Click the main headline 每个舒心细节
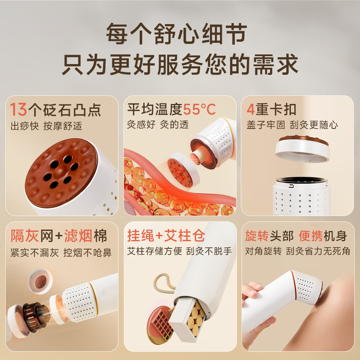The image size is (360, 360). [176, 34]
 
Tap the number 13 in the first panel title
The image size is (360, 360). [18, 109]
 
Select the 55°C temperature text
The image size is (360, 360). [199, 109]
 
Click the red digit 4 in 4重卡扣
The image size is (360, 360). [251, 109]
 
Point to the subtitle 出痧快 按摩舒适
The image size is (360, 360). [46, 126]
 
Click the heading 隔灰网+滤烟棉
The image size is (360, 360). [59, 236]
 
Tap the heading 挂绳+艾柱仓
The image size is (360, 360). [166, 235]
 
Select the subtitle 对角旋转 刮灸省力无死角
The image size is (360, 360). [297, 251]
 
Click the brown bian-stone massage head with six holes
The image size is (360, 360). [61, 172]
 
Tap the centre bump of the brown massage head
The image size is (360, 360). [60, 172]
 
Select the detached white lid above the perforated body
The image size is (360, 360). [303, 148]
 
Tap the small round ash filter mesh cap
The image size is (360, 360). [40, 281]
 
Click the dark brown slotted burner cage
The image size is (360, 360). [36, 317]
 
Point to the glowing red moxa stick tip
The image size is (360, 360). [195, 159]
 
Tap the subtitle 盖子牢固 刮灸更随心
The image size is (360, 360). [292, 125]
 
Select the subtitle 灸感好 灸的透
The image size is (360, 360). [158, 125]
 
